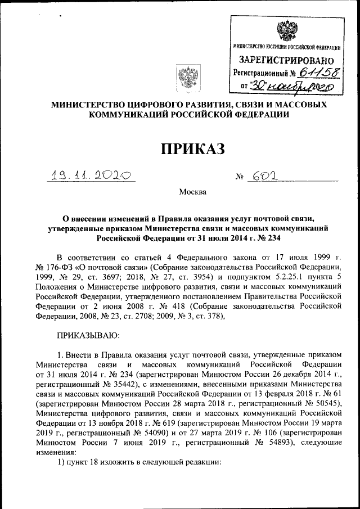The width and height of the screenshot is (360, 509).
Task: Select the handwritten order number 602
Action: pyautogui.click(x=263, y=177)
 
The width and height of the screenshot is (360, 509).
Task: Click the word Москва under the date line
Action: pyautogui.click(x=192, y=192)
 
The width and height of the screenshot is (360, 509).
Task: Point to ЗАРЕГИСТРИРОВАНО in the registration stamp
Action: pyautogui.click(x=286, y=60)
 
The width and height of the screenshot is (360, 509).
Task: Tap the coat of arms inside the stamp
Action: pyautogui.click(x=285, y=29)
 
